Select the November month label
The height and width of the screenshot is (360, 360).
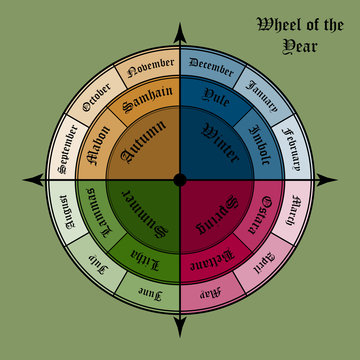[x=150, y=67]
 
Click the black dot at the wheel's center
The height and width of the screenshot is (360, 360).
[x=180, y=180]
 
